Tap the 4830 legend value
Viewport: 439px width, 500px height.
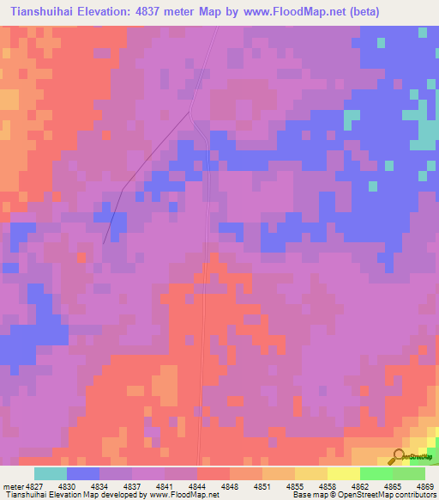point(83,485)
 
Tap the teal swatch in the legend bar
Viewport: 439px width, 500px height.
point(51,473)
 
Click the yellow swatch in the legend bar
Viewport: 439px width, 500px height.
point(343,473)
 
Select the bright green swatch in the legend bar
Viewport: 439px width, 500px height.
point(376,473)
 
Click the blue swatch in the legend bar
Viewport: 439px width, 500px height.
point(83,473)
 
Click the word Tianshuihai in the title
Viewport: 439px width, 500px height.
point(39,12)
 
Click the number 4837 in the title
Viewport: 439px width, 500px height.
point(153,12)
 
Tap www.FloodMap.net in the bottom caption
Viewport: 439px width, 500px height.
point(182,495)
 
